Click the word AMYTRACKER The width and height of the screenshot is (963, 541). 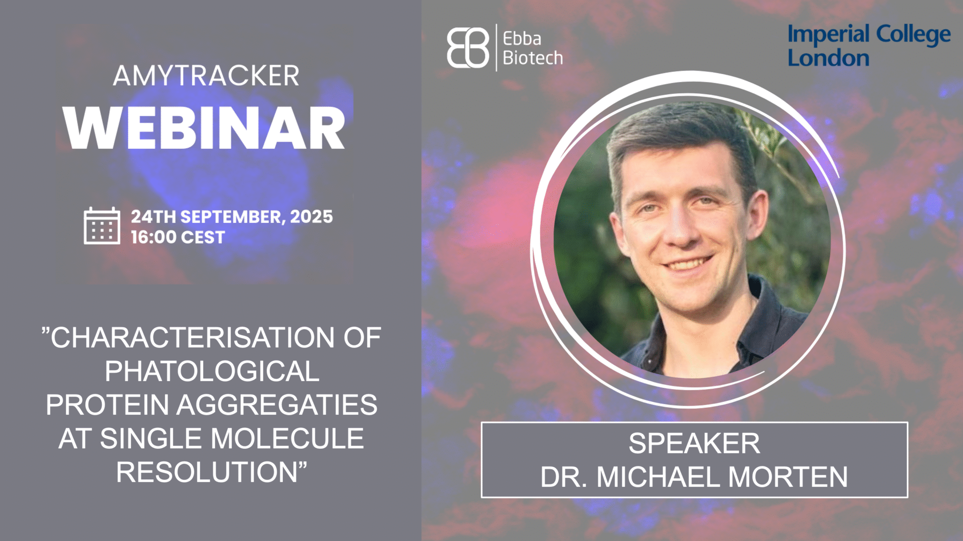206,76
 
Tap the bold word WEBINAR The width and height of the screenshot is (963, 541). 204,128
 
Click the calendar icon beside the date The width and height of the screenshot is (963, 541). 102,226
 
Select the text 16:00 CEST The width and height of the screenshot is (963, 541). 178,237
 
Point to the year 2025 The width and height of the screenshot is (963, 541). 311,216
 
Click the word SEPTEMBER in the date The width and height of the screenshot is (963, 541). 233,217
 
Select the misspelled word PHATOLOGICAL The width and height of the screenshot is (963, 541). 212,371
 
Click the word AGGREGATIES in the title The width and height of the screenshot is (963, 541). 277,405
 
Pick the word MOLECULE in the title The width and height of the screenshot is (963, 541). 287,438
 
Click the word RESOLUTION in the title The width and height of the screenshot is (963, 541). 207,472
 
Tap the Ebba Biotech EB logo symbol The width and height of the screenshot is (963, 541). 468,48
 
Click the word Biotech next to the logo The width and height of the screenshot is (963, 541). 533,58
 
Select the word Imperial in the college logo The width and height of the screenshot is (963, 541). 828,35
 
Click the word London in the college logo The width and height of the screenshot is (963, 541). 828,58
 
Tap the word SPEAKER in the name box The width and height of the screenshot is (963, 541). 694,443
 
